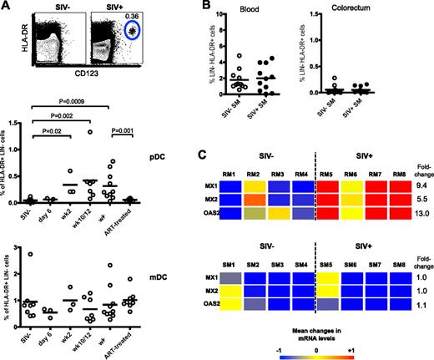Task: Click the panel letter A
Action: click(x=8, y=7)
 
